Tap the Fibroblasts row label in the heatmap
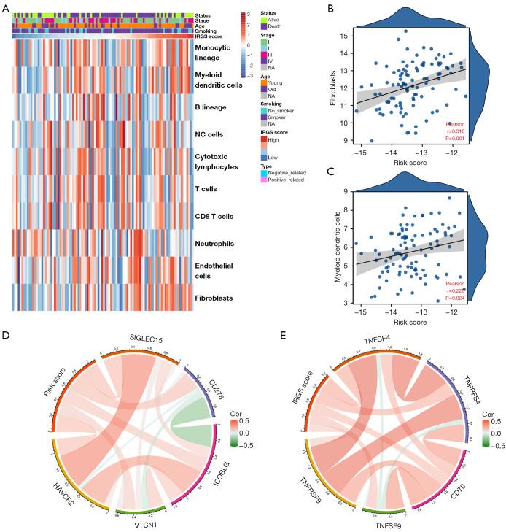(214, 298)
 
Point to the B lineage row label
(211, 107)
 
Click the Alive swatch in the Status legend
(265, 20)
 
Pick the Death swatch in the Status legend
(265, 27)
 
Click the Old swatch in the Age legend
(265, 90)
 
